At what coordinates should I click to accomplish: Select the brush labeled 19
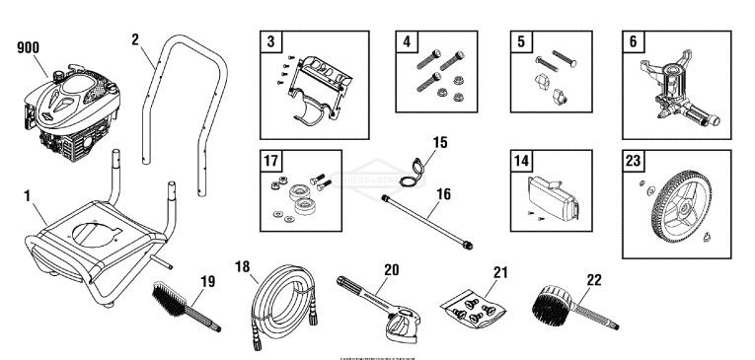tap(183, 306)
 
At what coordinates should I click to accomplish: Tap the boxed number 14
tap(519, 161)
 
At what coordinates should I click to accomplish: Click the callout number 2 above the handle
tap(137, 39)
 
